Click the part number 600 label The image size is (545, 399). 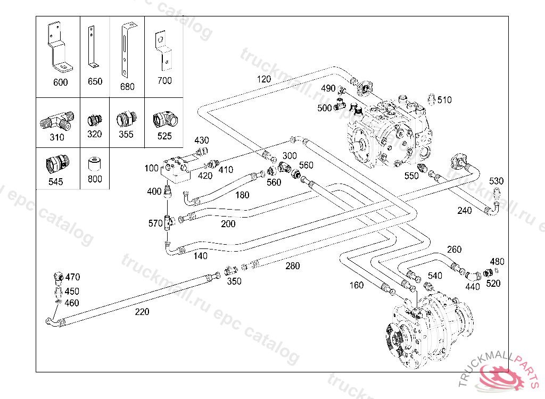(x=61, y=82)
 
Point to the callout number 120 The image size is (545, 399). (x=264, y=79)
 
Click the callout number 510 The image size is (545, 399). (x=444, y=99)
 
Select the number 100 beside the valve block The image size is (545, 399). (x=151, y=169)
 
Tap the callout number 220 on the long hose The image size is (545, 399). (x=142, y=312)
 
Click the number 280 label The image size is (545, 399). (x=293, y=266)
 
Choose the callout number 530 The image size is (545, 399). (x=496, y=181)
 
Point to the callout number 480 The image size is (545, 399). (x=497, y=261)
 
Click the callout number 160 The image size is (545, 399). (x=356, y=285)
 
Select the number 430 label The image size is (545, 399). (x=202, y=140)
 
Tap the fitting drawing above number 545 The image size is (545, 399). (x=56, y=162)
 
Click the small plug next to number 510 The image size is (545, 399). (x=432, y=98)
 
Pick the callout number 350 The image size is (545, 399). (x=234, y=281)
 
